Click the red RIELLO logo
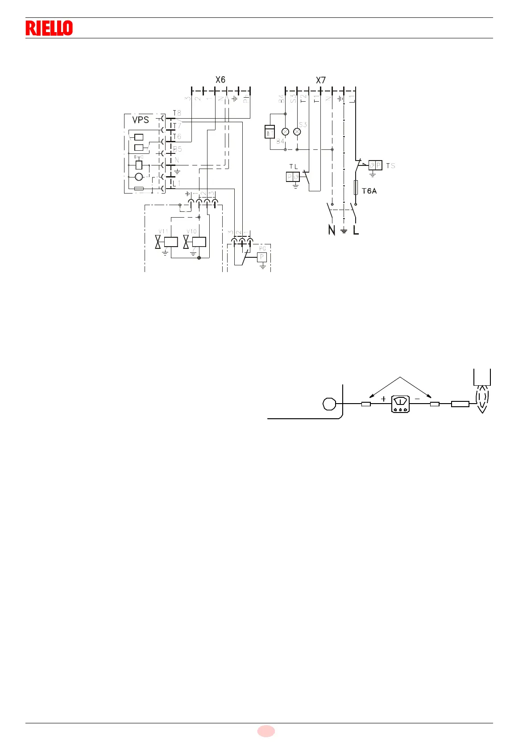[49, 28]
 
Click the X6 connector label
[220, 80]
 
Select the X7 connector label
[321, 80]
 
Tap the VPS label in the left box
[141, 120]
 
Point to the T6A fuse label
[369, 191]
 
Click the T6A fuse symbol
[356, 188]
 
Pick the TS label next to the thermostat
[390, 166]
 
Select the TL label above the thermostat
[293, 167]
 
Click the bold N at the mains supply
[332, 230]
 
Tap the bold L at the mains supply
[356, 230]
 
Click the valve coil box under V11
[171, 242]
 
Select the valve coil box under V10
[199, 242]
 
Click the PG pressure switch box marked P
[262, 257]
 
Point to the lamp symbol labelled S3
[297, 132]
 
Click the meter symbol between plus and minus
[401, 404]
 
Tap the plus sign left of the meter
[383, 400]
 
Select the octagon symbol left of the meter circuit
[329, 404]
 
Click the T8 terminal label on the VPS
[177, 113]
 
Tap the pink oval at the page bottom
[266, 731]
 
